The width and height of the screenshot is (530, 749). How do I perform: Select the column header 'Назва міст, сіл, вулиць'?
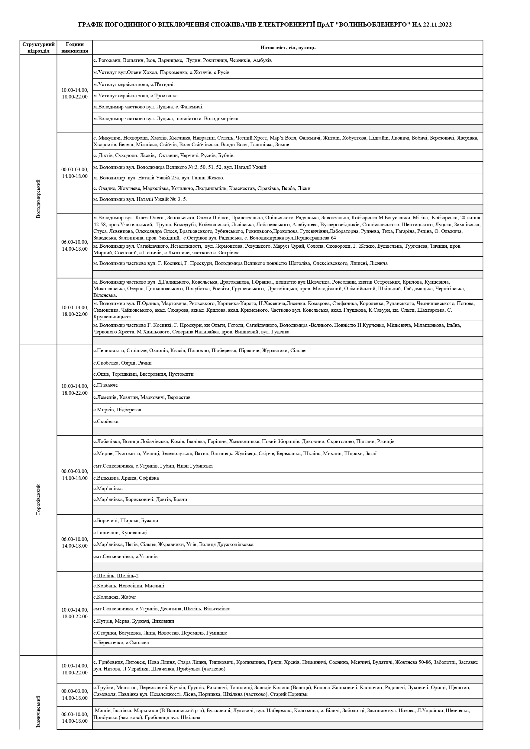288,48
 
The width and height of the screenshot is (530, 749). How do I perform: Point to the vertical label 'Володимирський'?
38,199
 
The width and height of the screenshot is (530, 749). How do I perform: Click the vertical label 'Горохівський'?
38,499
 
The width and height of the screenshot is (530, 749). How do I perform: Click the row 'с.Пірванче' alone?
106,385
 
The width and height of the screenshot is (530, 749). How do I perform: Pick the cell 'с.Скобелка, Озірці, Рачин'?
122,363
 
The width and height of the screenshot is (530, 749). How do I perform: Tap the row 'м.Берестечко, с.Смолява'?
121,642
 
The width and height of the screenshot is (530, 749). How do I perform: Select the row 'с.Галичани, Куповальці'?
120,532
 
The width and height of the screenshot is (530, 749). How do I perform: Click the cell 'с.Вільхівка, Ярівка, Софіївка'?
126,478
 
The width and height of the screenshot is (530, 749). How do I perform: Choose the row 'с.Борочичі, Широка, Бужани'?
126,520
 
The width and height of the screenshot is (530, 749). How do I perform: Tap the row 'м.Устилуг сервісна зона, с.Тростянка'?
135,95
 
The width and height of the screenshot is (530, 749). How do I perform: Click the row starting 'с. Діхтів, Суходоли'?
164,155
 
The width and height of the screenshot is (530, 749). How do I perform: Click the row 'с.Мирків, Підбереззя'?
117,410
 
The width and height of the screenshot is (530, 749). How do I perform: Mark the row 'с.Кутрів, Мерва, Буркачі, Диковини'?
134,621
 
